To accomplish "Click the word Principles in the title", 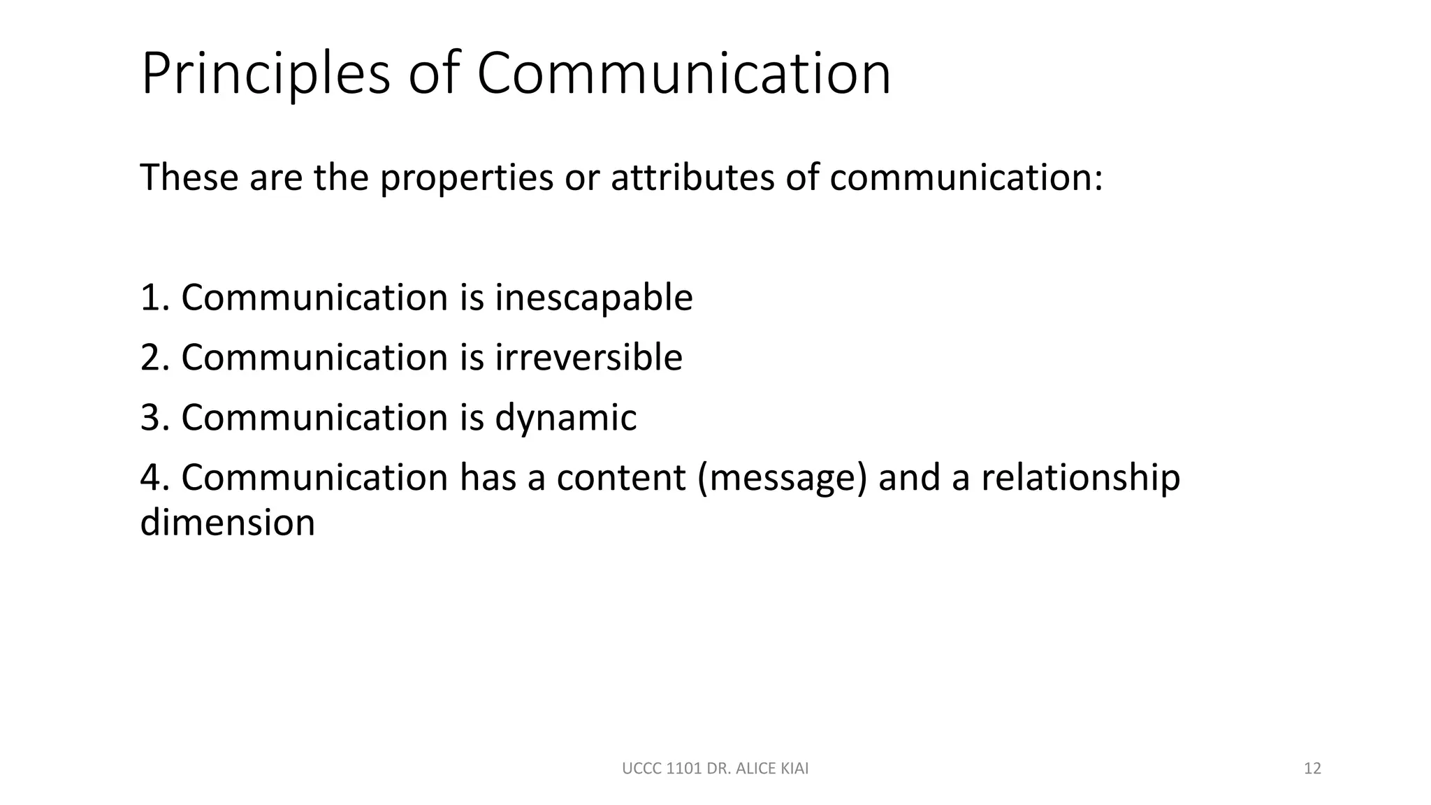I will (x=266, y=73).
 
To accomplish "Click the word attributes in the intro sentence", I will (x=692, y=177).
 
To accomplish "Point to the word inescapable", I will (x=593, y=298).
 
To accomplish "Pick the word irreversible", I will (x=588, y=358).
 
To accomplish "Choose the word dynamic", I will (x=565, y=418).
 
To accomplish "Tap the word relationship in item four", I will (x=1080, y=478).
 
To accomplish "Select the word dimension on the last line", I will (x=228, y=523).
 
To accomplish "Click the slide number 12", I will (x=1312, y=769).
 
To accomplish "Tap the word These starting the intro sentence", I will (x=187, y=177).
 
